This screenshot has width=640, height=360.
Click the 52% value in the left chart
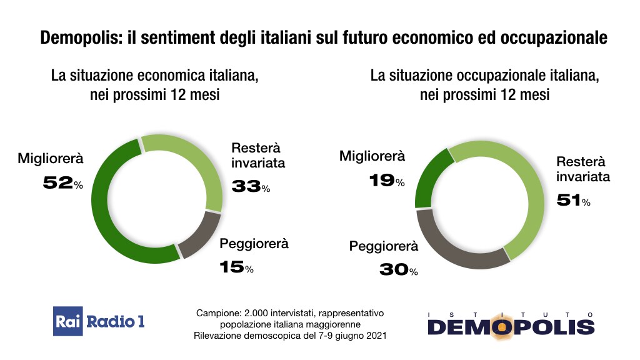pyautogui.click(x=62, y=183)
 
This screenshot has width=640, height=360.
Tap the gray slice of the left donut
pyautogui.click(x=200, y=237)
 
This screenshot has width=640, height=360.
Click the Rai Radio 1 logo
pyautogui.click(x=99, y=321)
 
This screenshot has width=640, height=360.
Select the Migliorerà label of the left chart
pyautogui.click(x=51, y=158)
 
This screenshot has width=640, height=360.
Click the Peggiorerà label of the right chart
pyautogui.click(x=383, y=246)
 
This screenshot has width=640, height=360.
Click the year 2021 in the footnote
pyautogui.click(x=375, y=336)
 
